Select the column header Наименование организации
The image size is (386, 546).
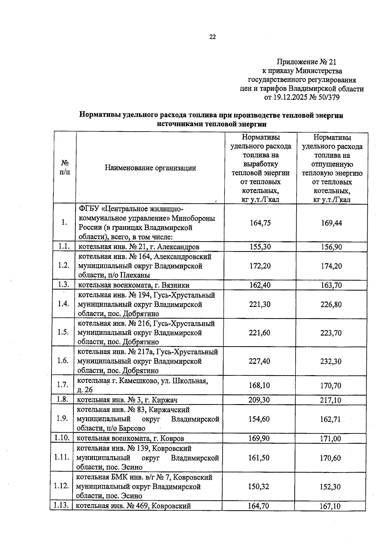tap(150, 168)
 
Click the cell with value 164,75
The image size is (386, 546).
tap(260, 223)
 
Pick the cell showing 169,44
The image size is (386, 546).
tap(331, 223)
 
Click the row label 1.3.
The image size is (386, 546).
tap(64, 284)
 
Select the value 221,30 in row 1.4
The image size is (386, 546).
tap(260, 304)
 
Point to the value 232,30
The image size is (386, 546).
tap(331, 361)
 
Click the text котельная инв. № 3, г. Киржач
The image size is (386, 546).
tap(127, 400)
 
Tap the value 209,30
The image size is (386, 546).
tap(259, 400)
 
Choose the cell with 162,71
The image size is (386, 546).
tap(330, 419)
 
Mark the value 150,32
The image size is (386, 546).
tap(259, 486)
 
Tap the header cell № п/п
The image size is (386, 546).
tap(65, 167)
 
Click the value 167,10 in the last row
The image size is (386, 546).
tap(330, 506)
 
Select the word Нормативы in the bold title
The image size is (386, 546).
tap(99, 115)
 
